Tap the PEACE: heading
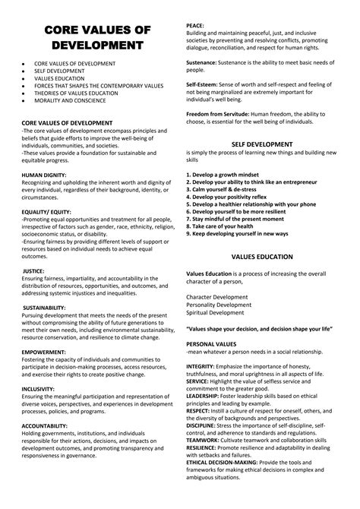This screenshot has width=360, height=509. point(196,26)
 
